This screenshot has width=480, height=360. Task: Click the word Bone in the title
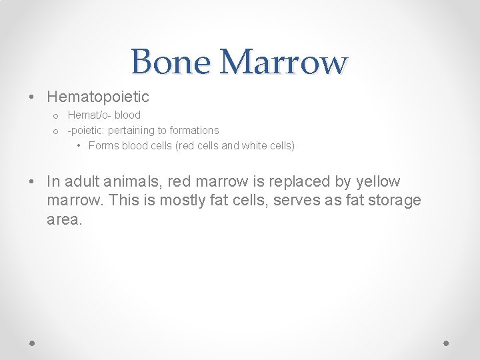tap(171, 62)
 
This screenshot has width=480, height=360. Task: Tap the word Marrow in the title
tap(283, 62)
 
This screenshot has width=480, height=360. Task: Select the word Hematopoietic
tap(98, 97)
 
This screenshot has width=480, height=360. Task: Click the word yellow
tap(378, 181)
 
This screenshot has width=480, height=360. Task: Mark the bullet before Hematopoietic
tap(33, 97)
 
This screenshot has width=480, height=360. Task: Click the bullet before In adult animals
tap(33, 181)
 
